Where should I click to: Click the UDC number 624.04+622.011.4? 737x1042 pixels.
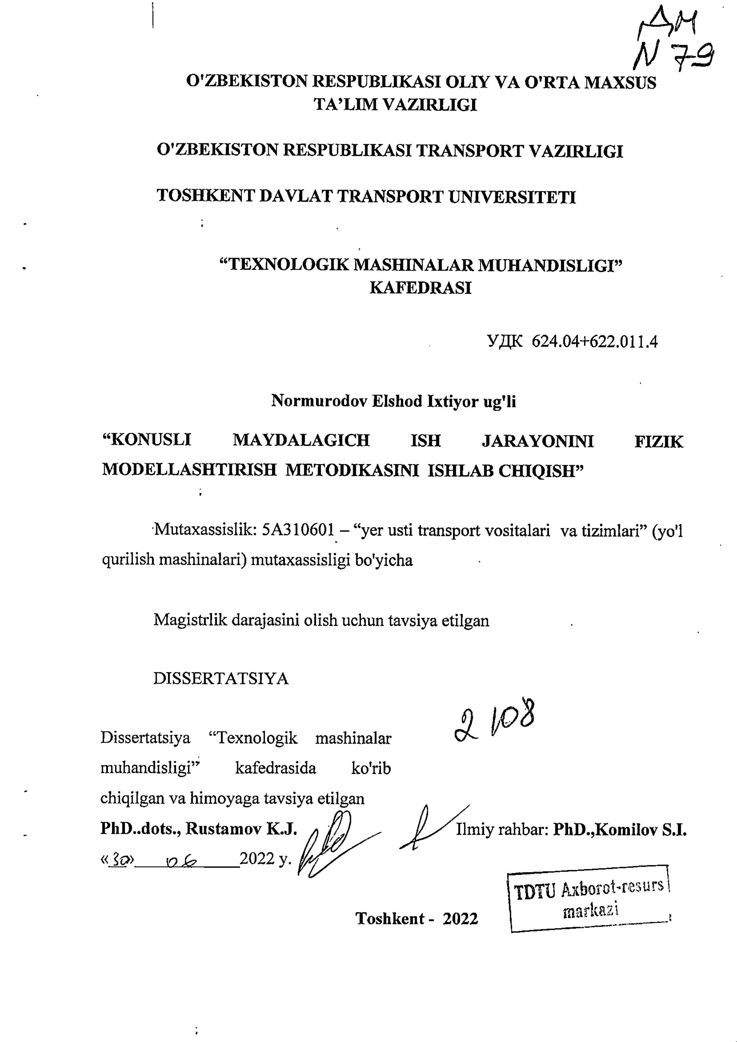594,341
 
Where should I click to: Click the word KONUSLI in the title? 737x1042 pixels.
147,441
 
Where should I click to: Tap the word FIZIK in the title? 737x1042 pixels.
658,441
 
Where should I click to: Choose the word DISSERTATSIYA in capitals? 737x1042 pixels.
221,679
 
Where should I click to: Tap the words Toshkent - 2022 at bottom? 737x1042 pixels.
417,919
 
